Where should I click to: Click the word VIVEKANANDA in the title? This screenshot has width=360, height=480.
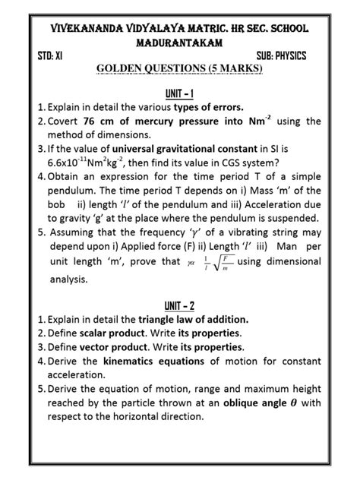coord(83,28)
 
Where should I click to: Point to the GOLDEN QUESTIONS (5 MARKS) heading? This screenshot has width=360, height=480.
coord(179,69)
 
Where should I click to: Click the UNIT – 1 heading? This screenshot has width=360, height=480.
coord(180,93)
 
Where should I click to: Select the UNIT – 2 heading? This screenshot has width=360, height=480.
coord(180,306)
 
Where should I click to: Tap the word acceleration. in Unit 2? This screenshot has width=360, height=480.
coord(80,375)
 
